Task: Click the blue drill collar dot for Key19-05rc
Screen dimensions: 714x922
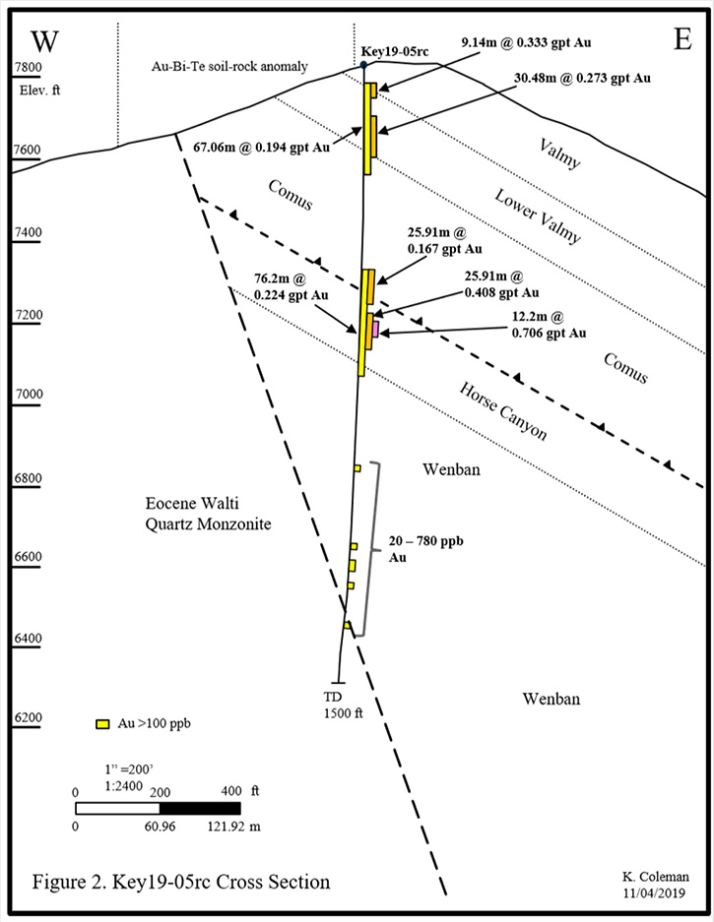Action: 363,64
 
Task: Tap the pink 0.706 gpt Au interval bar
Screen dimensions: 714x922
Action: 375,330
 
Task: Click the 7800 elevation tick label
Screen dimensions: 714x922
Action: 29,67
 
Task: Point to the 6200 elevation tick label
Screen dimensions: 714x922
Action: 29,718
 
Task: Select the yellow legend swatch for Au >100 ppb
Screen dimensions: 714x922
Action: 103,724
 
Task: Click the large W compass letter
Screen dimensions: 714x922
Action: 44,41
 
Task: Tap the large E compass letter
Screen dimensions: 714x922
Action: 682,39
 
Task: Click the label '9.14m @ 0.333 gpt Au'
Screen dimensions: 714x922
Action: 526,42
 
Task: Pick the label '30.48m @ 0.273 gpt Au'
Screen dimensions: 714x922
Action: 583,78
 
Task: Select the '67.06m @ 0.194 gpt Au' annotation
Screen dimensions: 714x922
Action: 261,147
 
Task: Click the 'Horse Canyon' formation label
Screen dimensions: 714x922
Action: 503,411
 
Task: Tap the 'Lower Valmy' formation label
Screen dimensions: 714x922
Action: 537,215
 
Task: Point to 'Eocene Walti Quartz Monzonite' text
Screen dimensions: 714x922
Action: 209,514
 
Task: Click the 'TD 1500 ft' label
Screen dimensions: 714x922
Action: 343,705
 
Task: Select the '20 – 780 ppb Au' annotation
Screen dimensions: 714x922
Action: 425,549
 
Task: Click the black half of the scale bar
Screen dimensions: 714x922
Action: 200,809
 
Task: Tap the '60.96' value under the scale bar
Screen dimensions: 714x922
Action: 161,827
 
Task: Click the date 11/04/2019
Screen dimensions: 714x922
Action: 655,892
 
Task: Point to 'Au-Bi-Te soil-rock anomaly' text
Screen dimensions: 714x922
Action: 229,67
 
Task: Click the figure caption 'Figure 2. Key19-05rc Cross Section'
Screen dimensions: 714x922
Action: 180,882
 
